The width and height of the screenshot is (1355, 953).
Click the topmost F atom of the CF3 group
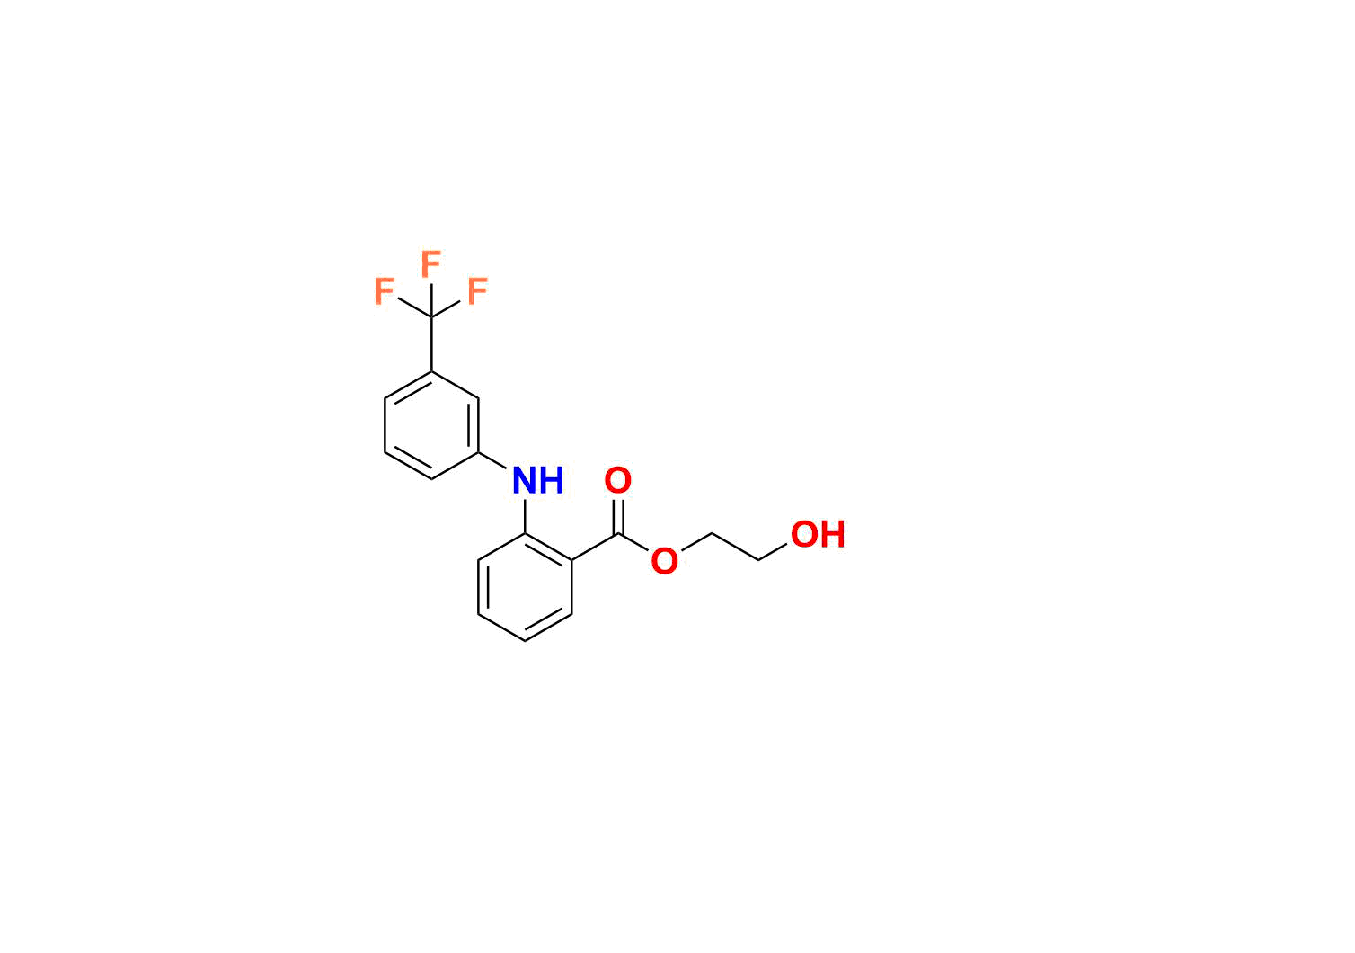[x=430, y=263]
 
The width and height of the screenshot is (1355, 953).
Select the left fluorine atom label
[x=384, y=291]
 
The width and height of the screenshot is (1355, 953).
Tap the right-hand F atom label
[x=477, y=291]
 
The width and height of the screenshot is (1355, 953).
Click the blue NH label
[x=537, y=480]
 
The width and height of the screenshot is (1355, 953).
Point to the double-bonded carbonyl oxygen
[x=617, y=480]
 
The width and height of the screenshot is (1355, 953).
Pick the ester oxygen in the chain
[x=664, y=561]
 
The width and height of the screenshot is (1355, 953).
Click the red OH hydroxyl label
[x=818, y=534]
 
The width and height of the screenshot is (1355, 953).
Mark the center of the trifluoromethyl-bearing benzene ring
[x=431, y=425]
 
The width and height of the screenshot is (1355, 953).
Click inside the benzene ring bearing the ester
[x=525, y=587]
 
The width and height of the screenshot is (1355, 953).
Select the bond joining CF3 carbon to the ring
[x=431, y=344]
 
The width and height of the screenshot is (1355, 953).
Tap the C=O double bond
[x=617, y=516]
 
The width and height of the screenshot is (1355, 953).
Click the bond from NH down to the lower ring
[x=525, y=515]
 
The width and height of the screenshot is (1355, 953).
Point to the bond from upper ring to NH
[x=492, y=459]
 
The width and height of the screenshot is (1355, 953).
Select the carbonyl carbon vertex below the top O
[x=618, y=534]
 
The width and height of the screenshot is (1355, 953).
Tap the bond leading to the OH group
[x=773, y=552]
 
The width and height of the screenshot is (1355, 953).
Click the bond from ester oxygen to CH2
[x=696, y=542]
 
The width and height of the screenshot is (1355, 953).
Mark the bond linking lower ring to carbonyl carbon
[x=595, y=547]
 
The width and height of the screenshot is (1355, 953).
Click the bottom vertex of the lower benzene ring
[x=525, y=641]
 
